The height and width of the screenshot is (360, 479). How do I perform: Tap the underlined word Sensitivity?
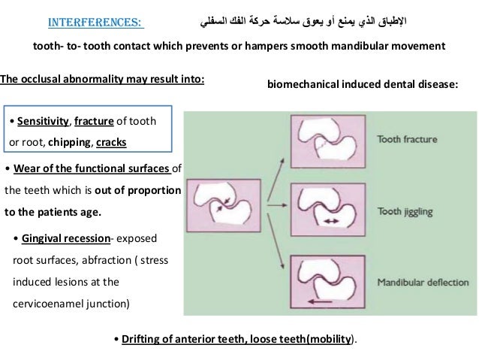point(40,120)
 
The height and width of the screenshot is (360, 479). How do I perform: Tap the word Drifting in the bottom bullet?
point(140,338)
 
